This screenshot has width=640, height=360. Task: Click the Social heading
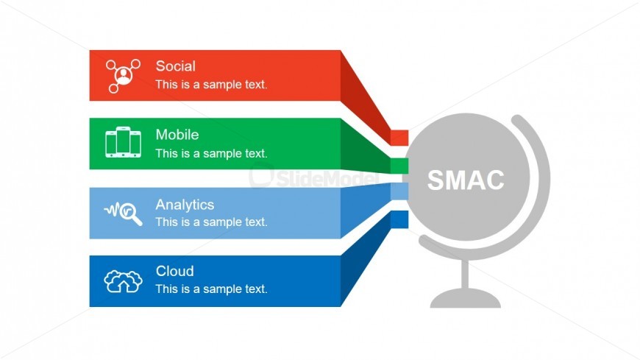(176, 66)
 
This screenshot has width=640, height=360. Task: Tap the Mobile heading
(177, 135)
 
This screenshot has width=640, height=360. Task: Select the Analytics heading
(185, 205)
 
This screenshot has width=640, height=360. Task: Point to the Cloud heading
(174, 271)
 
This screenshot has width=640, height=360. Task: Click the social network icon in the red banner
(123, 76)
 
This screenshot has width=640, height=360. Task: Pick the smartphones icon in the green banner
(123, 142)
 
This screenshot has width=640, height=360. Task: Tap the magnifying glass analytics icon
(124, 213)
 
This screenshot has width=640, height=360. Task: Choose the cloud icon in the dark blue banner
(123, 281)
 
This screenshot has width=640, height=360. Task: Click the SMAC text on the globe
(466, 180)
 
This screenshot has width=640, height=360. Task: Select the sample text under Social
(211, 85)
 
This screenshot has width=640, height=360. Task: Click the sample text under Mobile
(211, 154)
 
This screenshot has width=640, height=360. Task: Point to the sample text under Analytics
(211, 222)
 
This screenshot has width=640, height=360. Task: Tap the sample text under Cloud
(211, 289)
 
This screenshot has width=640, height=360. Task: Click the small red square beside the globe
(399, 138)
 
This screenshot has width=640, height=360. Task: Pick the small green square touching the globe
(399, 166)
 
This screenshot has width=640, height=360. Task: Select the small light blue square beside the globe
(399, 191)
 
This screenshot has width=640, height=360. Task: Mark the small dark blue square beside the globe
(399, 219)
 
